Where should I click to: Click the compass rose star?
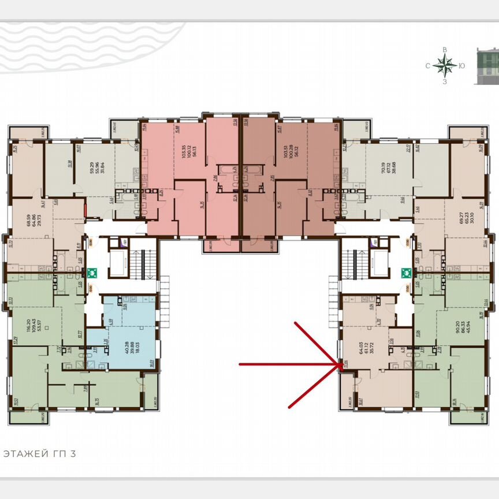[445, 66]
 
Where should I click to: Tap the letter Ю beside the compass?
[462, 66]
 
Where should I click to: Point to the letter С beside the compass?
[428, 66]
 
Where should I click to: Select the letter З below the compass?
[445, 82]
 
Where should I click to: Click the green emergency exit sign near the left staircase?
[92, 270]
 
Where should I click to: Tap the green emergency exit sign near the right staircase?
[405, 270]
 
